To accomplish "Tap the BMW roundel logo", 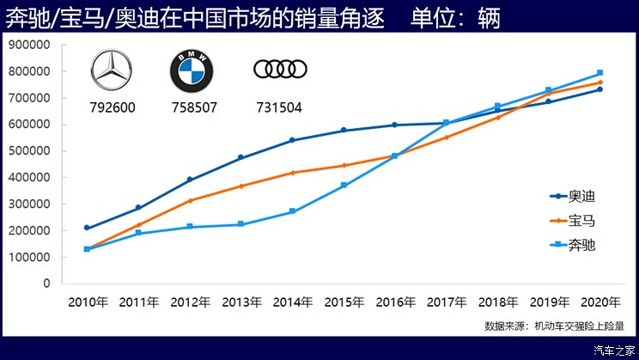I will click(192, 70).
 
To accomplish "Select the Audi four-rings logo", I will click(280, 69).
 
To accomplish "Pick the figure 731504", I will click(280, 108).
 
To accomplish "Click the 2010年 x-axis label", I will click(88, 302).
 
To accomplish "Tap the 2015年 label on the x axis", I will click(344, 302).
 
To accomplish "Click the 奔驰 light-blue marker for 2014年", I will click(292, 211).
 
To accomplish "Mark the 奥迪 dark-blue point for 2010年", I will click(88, 228).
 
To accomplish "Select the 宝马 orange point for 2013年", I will click(241, 186).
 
